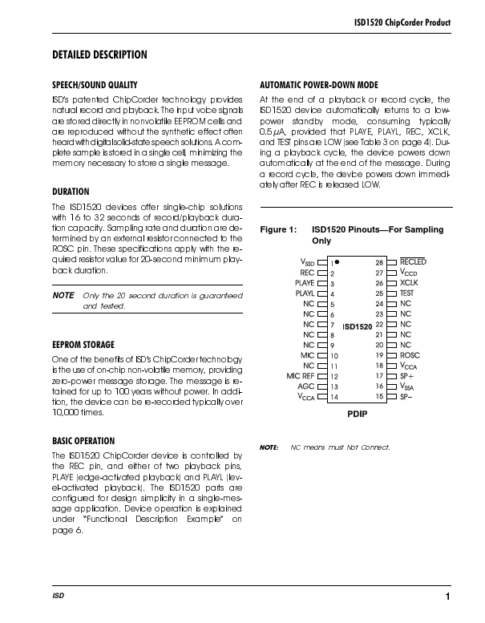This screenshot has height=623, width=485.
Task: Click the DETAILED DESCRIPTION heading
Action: (x=99, y=55)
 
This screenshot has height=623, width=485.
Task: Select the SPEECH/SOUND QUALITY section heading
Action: (x=95, y=84)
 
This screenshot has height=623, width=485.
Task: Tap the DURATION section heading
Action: (x=71, y=192)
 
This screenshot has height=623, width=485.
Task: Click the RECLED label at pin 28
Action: (x=413, y=261)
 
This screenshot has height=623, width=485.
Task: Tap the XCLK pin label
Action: (x=409, y=283)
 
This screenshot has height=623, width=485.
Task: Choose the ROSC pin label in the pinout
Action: (x=410, y=354)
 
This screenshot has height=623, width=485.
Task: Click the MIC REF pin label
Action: (x=300, y=375)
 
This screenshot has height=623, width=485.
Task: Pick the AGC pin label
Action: (x=306, y=386)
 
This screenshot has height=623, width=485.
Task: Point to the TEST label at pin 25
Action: (x=408, y=293)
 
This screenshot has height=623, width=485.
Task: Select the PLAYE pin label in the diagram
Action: (x=305, y=283)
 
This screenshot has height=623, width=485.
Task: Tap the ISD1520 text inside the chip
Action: (x=358, y=327)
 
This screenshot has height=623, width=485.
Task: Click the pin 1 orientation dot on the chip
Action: (x=338, y=261)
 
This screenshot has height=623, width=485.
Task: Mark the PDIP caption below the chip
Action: (x=357, y=418)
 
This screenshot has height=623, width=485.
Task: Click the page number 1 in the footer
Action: (x=448, y=596)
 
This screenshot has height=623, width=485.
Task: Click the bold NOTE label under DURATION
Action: (x=63, y=296)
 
